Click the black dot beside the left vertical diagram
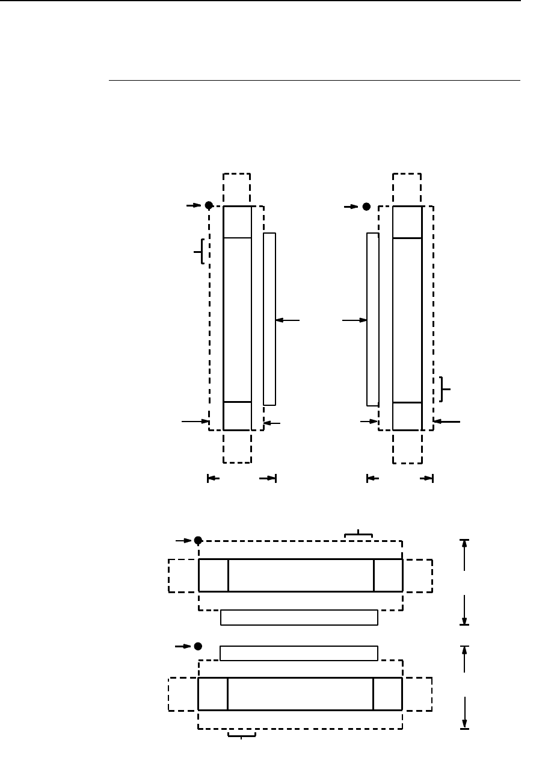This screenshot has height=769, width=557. pyautogui.click(x=209, y=205)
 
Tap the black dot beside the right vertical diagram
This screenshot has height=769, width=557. pyautogui.click(x=366, y=207)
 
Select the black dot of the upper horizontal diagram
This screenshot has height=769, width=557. pyautogui.click(x=198, y=540)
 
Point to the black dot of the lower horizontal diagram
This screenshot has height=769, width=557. pyautogui.click(x=198, y=646)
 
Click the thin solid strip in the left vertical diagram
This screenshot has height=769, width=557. pyautogui.click(x=269, y=319)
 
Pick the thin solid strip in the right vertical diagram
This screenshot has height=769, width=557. pyautogui.click(x=372, y=319)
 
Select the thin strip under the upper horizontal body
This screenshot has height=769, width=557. pyautogui.click(x=299, y=617)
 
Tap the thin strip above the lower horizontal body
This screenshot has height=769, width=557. pyautogui.click(x=299, y=653)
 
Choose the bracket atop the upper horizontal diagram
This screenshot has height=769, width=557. pyautogui.click(x=359, y=534)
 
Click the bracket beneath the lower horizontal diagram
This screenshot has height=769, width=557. pyautogui.click(x=242, y=735)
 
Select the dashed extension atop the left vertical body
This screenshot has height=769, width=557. pyautogui.click(x=236, y=189)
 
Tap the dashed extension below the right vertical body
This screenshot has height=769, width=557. pyautogui.click(x=407, y=447)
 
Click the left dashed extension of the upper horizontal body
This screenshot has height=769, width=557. pyautogui.click(x=183, y=576)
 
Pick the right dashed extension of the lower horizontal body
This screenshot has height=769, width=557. pyautogui.click(x=417, y=694)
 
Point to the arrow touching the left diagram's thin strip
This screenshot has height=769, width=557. pyautogui.click(x=288, y=320)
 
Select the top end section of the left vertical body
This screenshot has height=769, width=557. pyautogui.click(x=237, y=222)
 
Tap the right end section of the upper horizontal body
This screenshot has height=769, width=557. pyautogui.click(x=388, y=575)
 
